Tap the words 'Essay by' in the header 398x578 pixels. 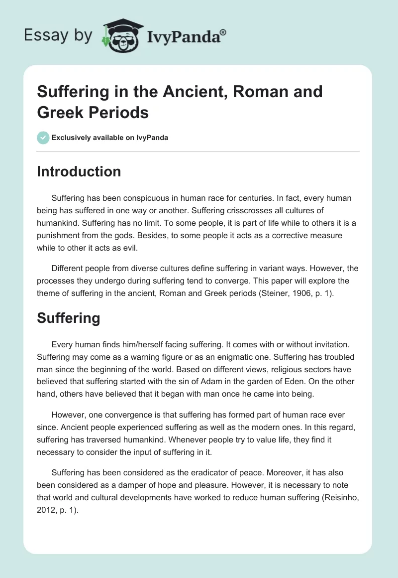coord(58,35)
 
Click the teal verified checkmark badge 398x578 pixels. coord(43,138)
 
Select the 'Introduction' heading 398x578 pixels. coord(79,171)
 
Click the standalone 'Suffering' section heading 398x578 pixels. coord(68,318)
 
